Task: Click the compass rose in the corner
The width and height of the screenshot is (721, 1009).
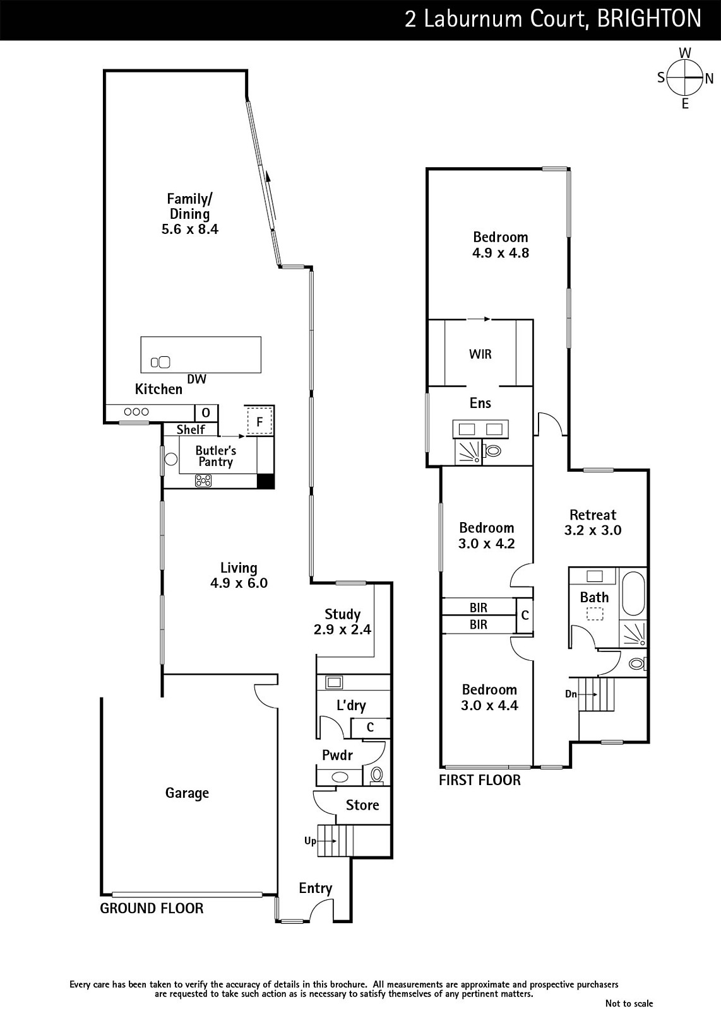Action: [x=684, y=78]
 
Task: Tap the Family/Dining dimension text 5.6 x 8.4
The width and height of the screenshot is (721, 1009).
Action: [x=190, y=230]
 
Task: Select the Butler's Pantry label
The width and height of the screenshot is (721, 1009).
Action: [x=215, y=456]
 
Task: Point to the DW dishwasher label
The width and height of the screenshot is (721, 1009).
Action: [x=196, y=379]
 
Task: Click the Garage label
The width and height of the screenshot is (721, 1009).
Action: [x=187, y=793]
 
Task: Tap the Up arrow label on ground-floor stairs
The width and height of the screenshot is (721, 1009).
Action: [x=310, y=841]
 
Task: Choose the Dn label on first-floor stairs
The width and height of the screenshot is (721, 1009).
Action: [x=571, y=694]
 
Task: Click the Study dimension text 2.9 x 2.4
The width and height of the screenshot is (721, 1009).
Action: [x=342, y=629]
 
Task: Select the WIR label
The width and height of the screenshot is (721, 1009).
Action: [x=480, y=354]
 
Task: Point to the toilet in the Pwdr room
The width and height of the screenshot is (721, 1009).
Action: [x=376, y=775]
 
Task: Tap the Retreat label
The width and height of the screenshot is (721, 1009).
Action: [x=592, y=515]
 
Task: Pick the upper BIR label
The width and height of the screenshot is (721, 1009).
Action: [x=479, y=608]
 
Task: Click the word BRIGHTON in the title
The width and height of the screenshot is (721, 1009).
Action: [x=649, y=19]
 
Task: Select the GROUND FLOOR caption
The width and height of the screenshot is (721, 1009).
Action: [x=152, y=908]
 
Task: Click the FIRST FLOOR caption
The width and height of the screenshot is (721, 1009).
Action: [x=480, y=780]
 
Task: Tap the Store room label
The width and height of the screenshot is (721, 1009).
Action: [x=362, y=805]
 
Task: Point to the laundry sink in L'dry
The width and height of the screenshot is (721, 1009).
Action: [x=334, y=682]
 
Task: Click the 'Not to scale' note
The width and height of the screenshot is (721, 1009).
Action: [x=629, y=1003]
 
